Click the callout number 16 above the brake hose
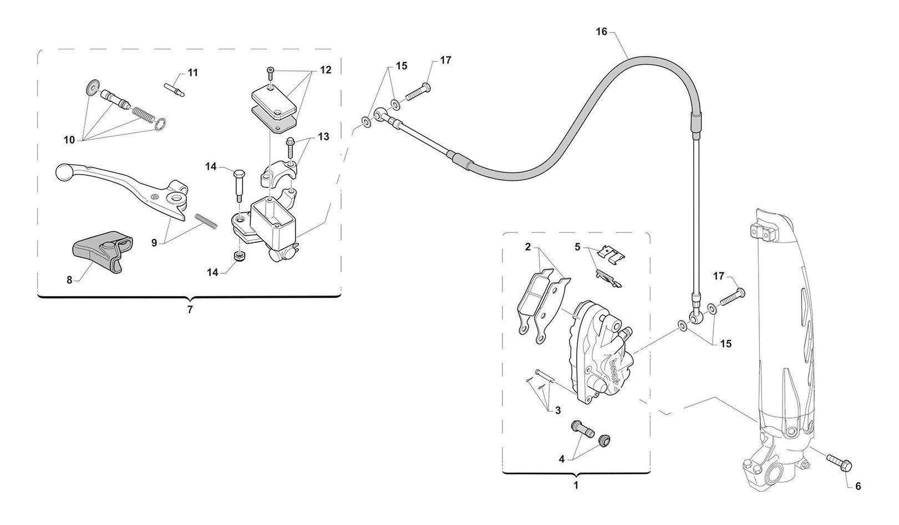point(602,32)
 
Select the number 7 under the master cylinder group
point(190,309)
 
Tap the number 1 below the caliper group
point(576,485)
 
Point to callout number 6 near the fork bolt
point(858,486)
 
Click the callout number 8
point(69,280)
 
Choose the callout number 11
point(192,73)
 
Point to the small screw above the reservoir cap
point(270,70)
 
